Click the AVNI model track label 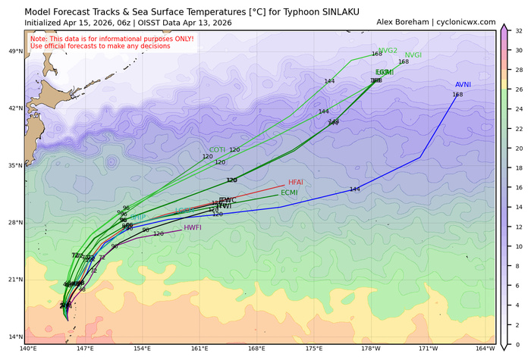(463, 85)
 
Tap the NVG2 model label (388, 50)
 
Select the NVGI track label (413, 55)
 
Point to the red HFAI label (296, 183)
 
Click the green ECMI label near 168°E (289, 193)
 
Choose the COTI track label (217, 150)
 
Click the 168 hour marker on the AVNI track (457, 95)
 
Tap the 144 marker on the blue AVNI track (354, 189)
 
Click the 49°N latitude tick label (14, 52)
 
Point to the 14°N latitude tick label (14, 337)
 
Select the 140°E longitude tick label (28, 349)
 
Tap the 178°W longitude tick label (371, 349)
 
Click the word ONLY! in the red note (178, 39)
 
